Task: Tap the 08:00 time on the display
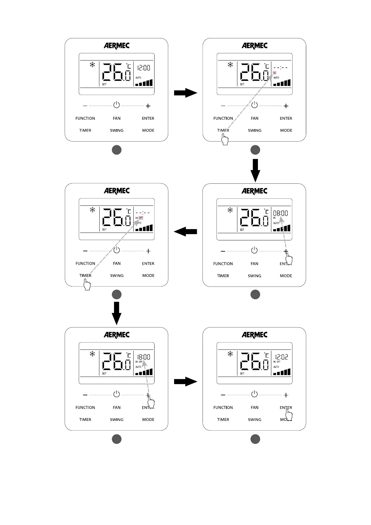coord(280,213)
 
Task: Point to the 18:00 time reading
coord(143,357)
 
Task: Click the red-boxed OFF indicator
coord(141,218)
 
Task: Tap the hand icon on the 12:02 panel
coord(289,415)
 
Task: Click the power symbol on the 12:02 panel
coord(254,394)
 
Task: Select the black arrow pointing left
coord(185,231)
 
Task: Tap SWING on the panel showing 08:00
coord(254,276)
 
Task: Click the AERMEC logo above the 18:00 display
coord(117,335)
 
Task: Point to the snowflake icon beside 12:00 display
coord(92,65)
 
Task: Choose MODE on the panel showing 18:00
coord(148,419)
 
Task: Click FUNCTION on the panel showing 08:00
coord(223,264)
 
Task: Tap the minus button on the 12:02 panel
coord(223,395)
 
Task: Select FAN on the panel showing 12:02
coord(254,407)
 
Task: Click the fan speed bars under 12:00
coord(144,83)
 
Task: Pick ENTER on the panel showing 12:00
coord(148,118)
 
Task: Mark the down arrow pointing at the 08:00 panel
coord(255,170)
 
